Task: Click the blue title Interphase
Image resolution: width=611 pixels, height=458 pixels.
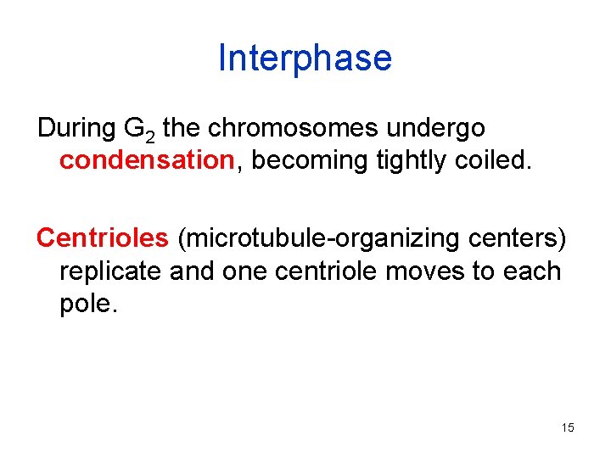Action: (305, 58)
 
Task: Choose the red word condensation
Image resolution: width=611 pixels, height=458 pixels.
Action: (145, 160)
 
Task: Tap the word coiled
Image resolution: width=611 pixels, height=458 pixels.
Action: (489, 160)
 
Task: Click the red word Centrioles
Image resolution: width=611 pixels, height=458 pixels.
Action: (103, 238)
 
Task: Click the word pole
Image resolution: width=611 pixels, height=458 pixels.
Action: (89, 304)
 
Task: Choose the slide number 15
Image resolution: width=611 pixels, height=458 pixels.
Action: (568, 427)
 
